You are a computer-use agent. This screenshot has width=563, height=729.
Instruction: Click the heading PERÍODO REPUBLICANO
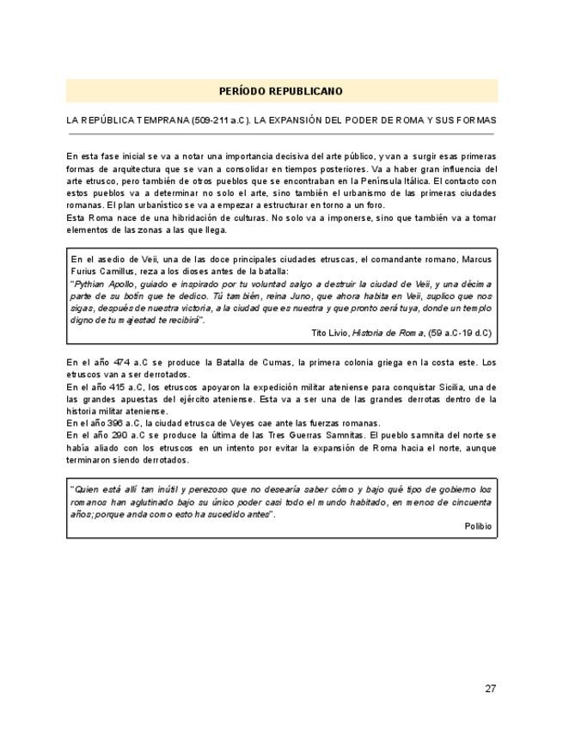pyautogui.click(x=281, y=91)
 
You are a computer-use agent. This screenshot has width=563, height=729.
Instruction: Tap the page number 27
pyautogui.click(x=490, y=688)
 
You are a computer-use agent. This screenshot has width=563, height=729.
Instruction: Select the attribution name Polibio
pyautogui.click(x=478, y=526)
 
